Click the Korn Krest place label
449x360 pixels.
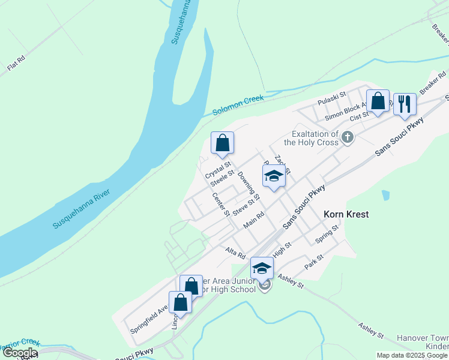345,214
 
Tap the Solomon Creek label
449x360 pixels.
238,105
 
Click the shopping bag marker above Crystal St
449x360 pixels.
222,143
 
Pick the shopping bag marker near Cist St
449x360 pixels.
378,102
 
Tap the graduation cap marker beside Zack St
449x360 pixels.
274,176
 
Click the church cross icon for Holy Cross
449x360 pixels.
346,139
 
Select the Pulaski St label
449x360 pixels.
332,95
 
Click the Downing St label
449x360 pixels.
248,185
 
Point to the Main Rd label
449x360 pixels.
254,220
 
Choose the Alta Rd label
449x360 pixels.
235,253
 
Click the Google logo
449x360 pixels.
20,353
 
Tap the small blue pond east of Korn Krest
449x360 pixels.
385,196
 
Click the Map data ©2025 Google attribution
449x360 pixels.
412,355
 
